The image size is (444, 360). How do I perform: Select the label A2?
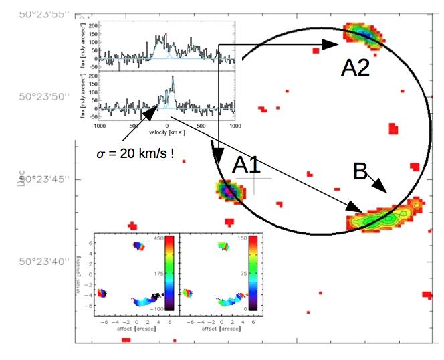(x=355, y=67)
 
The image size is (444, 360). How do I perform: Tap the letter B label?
(x=360, y=173)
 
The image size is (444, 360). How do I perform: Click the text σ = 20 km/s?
(x=136, y=153)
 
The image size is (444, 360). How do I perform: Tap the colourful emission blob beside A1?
(x=228, y=191)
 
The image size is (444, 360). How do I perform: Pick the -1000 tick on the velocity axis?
(x=99, y=125)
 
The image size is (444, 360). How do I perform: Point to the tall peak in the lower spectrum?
(x=172, y=78)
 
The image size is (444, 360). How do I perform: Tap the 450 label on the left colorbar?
(x=160, y=238)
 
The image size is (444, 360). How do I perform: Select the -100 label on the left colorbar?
(x=159, y=309)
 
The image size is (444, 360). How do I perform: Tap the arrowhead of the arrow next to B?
(x=383, y=190)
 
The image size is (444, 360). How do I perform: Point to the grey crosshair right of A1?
(x=253, y=178)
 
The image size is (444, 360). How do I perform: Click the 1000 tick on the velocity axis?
(x=235, y=125)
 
